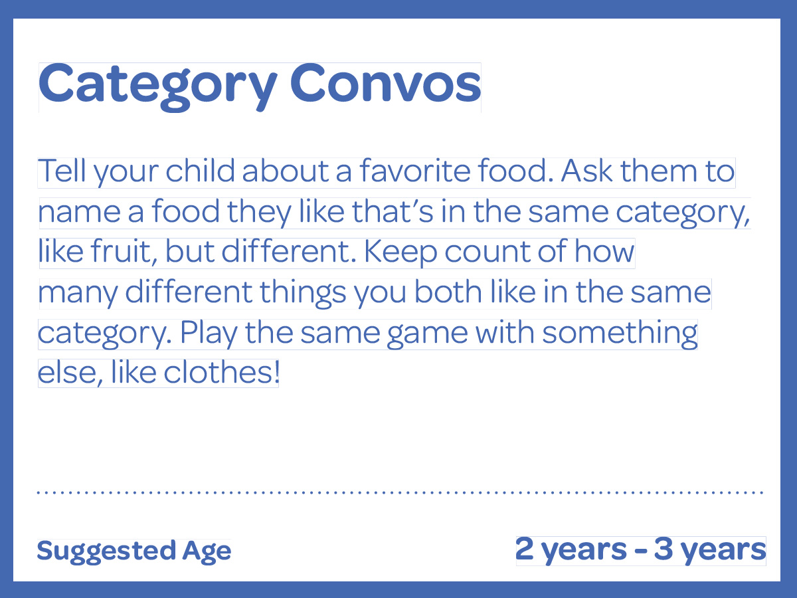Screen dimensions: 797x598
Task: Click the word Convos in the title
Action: point(386,84)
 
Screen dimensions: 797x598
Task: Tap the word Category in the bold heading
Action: point(158,87)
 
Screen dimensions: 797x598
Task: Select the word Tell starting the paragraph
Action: point(62,170)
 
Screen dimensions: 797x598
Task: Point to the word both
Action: point(448,292)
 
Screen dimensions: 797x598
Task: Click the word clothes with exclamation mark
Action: point(221,373)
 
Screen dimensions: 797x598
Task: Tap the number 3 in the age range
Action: point(664,549)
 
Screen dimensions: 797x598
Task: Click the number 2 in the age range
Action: point(525,549)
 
